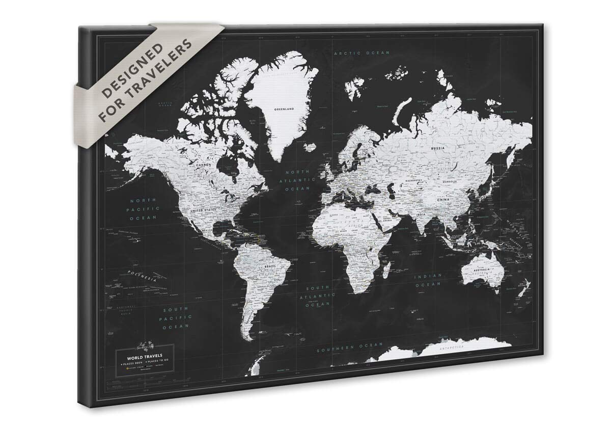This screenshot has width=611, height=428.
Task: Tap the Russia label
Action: coord(437,148)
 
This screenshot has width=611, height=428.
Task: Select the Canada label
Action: coord(204,165)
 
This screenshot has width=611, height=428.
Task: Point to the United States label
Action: coord(203,210)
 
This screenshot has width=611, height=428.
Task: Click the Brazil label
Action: coord(270,266)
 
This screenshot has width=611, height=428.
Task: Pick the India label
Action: coord(421,215)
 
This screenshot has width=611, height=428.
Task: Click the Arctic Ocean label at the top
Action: coord(362,53)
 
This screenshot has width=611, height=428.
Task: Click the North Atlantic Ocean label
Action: coord(297,180)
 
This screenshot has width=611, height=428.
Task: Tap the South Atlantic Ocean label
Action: coord(317,296)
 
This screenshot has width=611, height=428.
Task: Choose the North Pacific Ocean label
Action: coord(143,209)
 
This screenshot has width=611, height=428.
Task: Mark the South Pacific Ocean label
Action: coord(176,317)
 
